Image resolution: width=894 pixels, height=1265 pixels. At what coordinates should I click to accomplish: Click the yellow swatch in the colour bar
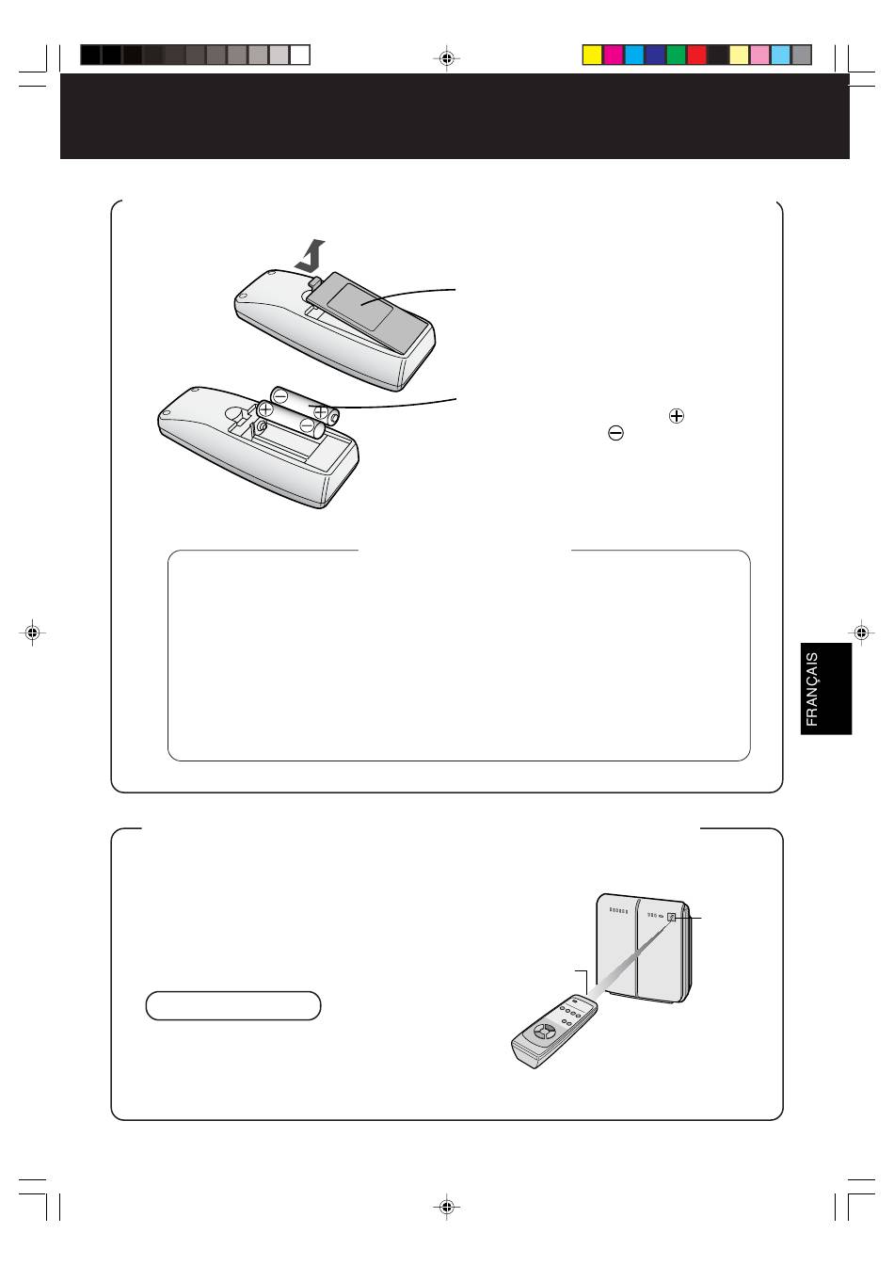coord(592,56)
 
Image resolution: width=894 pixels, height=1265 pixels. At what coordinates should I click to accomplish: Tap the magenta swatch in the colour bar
coord(613,56)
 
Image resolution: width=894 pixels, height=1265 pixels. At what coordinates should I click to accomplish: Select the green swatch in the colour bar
coord(676,56)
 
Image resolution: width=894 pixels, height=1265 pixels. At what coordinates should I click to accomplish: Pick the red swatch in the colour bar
coord(696,56)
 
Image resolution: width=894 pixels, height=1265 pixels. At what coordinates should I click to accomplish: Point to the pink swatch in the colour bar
coord(759,56)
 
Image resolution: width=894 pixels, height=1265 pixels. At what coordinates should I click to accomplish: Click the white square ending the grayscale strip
coord(300,56)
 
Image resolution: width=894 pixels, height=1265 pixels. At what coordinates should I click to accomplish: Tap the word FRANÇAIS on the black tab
coord(812,689)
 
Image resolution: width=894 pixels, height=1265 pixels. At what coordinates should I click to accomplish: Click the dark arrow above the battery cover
coord(311,257)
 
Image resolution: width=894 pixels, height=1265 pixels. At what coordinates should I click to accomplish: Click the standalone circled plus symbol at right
coord(676,416)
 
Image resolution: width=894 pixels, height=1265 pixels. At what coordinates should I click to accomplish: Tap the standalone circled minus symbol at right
coord(615,433)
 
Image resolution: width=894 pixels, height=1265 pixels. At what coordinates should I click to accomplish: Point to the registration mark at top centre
coord(447,57)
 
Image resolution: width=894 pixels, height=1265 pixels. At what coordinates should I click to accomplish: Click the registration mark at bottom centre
coord(447,1207)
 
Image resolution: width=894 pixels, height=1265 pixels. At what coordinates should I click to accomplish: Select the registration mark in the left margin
coord(32,632)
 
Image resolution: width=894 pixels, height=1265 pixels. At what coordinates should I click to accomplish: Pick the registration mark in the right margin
coord(861,632)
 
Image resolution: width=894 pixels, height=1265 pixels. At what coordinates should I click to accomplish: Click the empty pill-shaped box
coord(233,1006)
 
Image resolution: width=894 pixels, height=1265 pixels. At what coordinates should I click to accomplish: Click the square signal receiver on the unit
coord(672,917)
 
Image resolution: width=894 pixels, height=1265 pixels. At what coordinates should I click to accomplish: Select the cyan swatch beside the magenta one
coord(633,56)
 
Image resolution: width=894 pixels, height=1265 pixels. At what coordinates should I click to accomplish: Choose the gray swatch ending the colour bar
coord(802,56)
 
